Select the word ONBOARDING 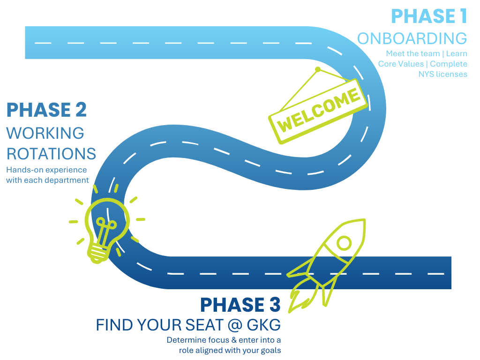(412, 38)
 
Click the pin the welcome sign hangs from (318, 69)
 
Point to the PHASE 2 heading (46, 110)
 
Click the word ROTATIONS (51, 154)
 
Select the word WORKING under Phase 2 (45, 133)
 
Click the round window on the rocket (344, 243)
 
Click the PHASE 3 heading (240, 305)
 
